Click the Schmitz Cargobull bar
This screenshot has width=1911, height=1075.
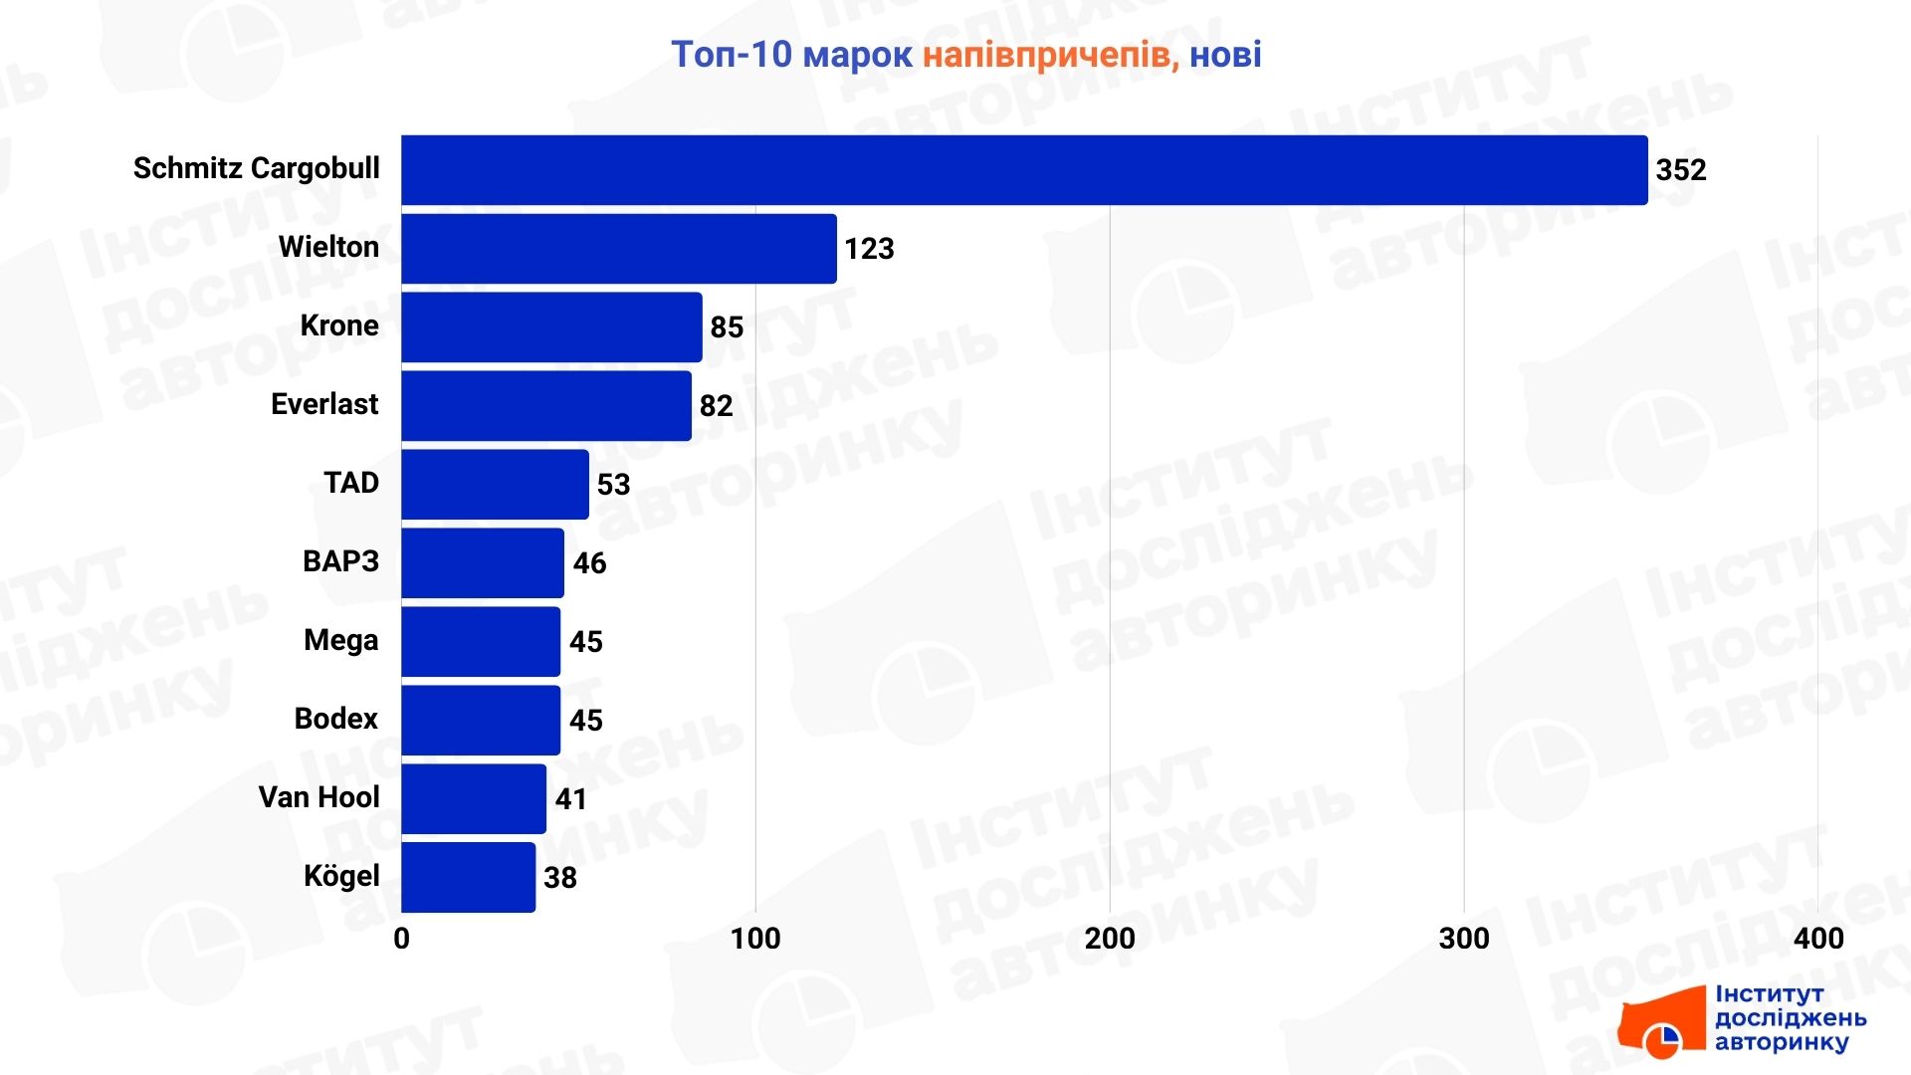(1023, 170)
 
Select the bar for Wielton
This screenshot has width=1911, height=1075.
(618, 249)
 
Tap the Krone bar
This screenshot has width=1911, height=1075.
(551, 327)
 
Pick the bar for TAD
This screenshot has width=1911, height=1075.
(495, 485)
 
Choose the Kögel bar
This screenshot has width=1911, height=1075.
(468, 878)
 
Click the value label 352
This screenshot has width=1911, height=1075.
(1680, 170)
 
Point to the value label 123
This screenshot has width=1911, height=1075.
(869, 249)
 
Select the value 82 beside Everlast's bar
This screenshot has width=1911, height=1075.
(716, 406)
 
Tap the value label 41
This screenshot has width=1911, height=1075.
(570, 799)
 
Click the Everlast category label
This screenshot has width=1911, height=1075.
(324, 404)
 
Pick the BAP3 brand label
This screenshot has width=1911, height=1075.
(340, 561)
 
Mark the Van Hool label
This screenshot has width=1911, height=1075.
(318, 797)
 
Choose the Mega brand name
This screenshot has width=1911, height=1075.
(340, 640)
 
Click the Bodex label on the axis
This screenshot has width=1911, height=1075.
(335, 719)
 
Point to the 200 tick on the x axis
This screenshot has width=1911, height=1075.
(1109, 939)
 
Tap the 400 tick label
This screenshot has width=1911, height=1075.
(1817, 939)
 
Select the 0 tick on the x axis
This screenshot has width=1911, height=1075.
(401, 939)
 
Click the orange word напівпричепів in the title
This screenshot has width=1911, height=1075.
(1050, 55)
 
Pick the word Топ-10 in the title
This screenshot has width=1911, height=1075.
(732, 55)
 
